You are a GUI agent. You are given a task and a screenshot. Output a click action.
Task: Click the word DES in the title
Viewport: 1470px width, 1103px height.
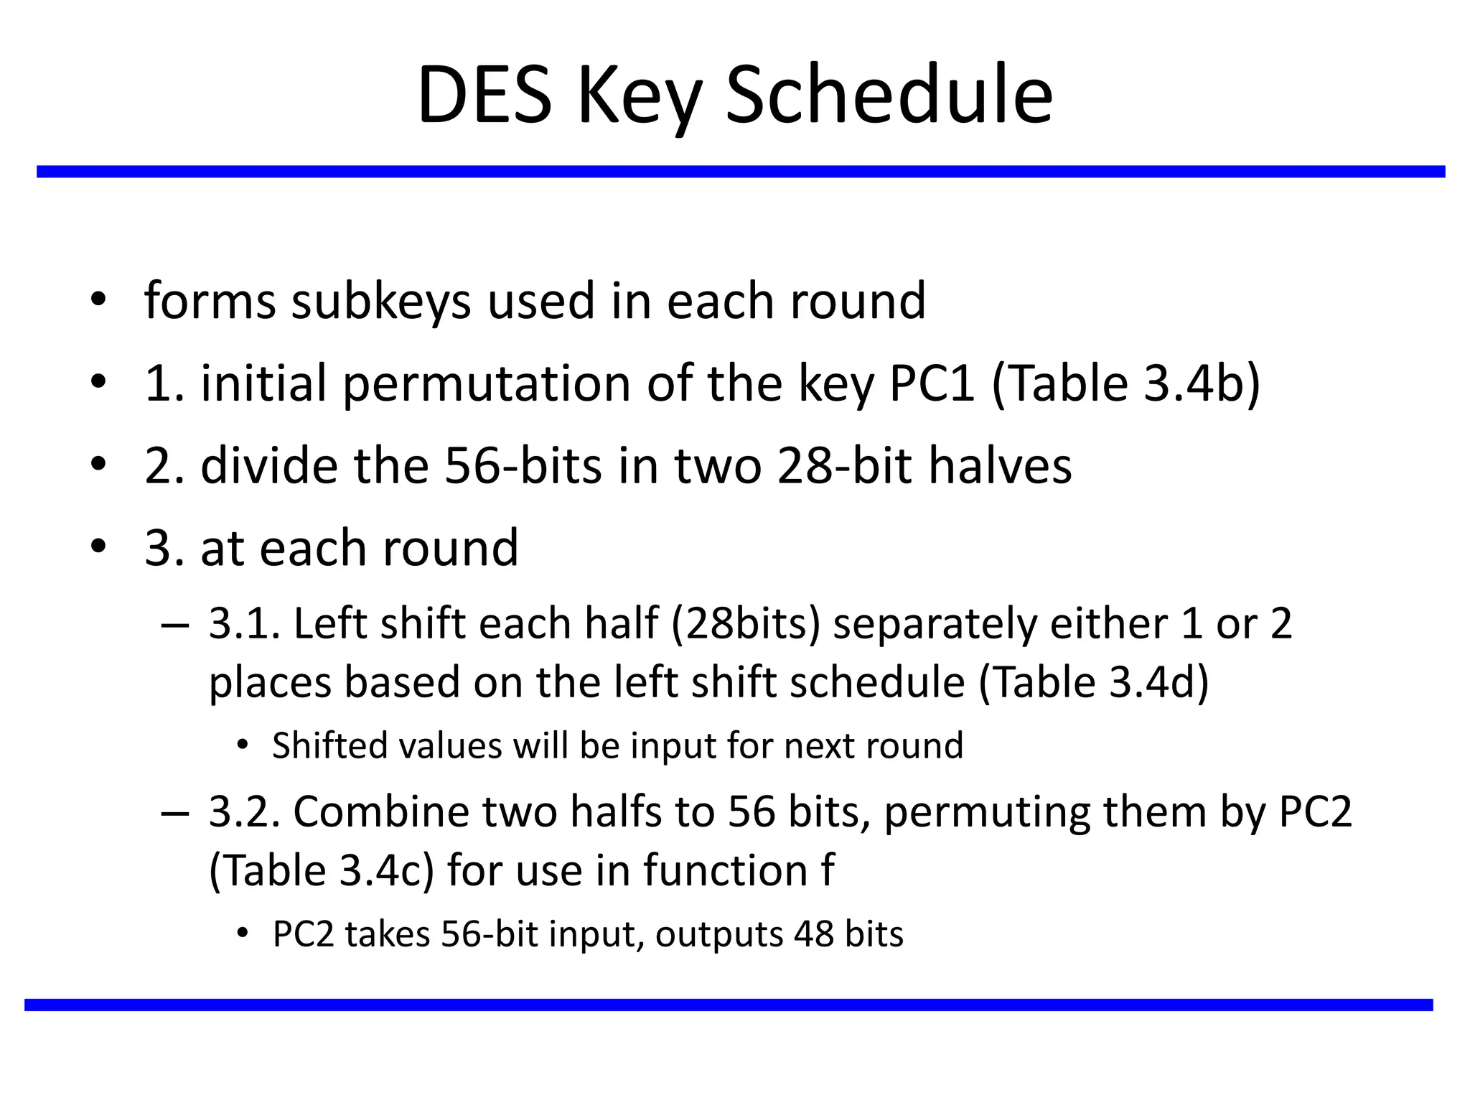[485, 96]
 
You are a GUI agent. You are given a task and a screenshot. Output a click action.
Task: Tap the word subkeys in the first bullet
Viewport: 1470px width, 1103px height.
[381, 301]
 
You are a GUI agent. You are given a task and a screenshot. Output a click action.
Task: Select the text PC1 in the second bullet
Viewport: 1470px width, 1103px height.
[932, 383]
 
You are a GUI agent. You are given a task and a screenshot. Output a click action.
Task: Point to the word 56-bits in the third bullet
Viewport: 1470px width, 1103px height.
[523, 466]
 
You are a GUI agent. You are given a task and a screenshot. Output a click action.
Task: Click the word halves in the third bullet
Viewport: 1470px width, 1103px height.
[1000, 466]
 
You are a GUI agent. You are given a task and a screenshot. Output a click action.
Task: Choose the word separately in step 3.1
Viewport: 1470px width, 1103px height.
[935, 623]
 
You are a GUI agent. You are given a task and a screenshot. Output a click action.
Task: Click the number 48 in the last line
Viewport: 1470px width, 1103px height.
[814, 935]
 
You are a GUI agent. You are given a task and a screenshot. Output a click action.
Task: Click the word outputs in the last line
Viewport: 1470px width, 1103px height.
[718, 935]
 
